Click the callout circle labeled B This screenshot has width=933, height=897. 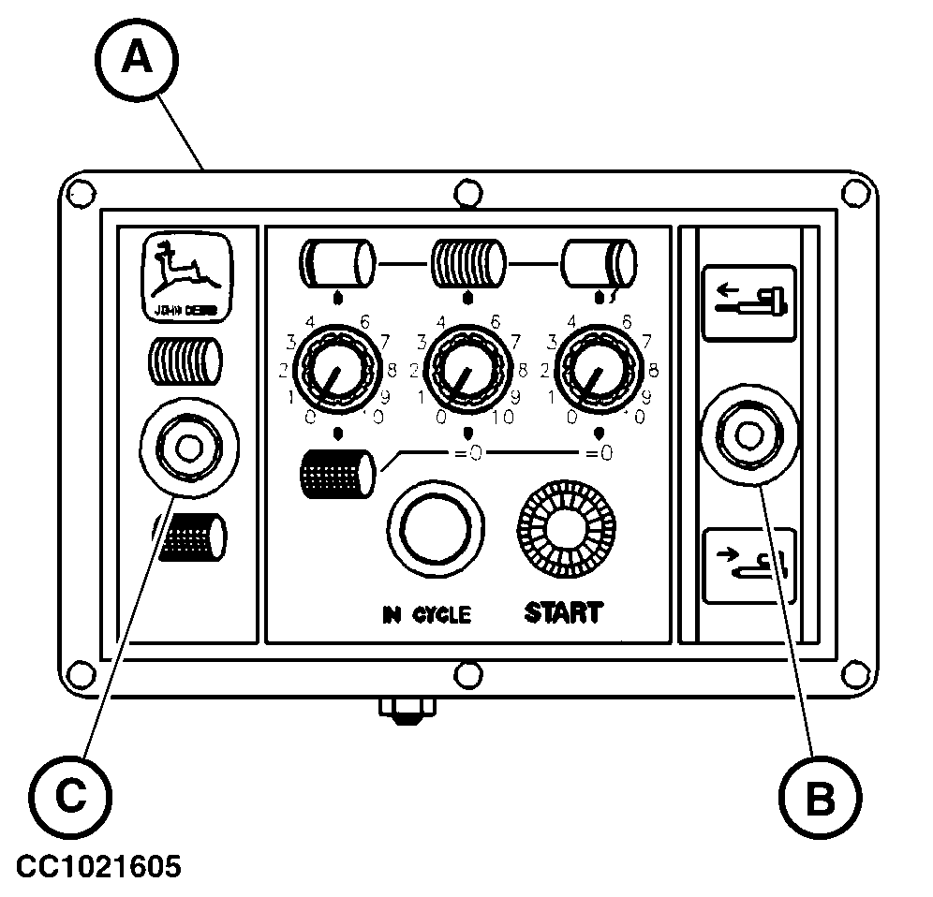pyautogui.click(x=820, y=799)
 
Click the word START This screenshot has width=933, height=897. pyautogui.click(x=562, y=613)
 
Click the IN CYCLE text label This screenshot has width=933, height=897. pyautogui.click(x=426, y=615)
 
